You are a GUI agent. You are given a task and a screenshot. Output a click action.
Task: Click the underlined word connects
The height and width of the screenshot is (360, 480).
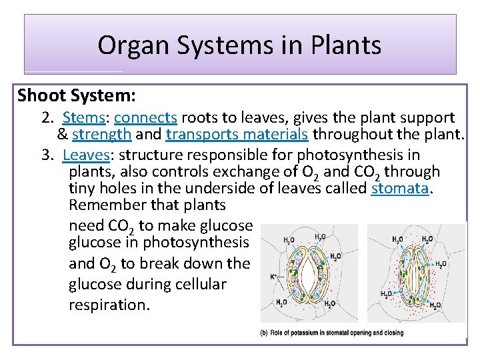pos(145,118)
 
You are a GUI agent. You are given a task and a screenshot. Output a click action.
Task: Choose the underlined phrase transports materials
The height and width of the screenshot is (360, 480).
pos(237,135)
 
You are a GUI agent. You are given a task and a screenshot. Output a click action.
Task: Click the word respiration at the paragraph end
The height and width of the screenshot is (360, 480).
pos(109,305)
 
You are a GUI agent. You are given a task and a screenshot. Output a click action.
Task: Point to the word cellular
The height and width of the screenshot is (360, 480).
pos(199,285)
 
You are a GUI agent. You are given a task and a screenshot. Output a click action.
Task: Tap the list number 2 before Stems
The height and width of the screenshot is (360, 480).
pos(46,118)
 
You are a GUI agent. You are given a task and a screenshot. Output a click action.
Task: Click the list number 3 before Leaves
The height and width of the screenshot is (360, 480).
pos(46,155)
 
